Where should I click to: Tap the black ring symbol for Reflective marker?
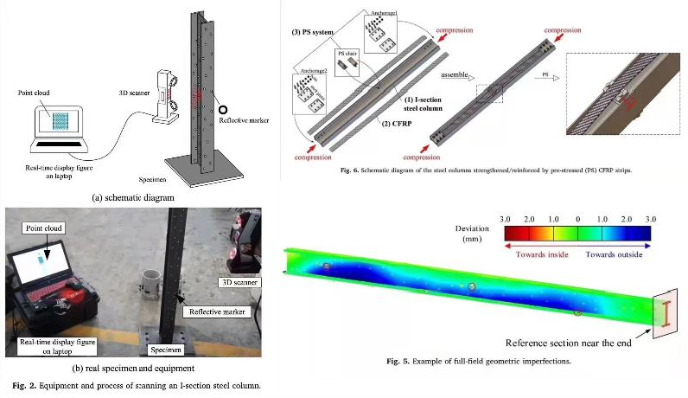pyautogui.click(x=222, y=110)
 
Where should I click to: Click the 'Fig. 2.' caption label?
pyautogui.click(x=21, y=384)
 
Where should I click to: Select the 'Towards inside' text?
pyautogui.click(x=545, y=254)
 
